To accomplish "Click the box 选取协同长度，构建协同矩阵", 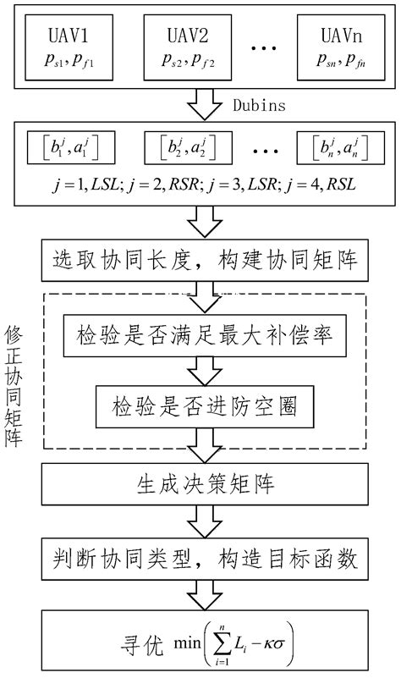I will (x=201, y=257).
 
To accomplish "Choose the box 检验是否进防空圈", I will (x=201, y=406).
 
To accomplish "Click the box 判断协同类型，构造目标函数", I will (x=201, y=559).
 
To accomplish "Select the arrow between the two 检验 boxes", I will (x=201, y=371).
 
